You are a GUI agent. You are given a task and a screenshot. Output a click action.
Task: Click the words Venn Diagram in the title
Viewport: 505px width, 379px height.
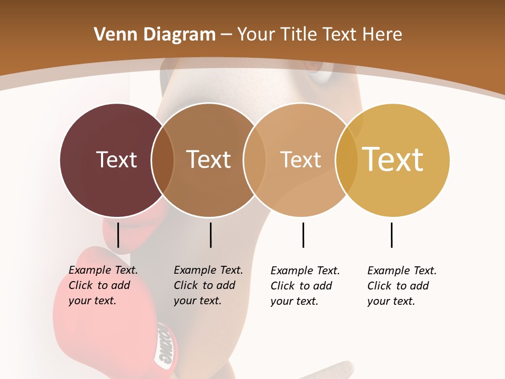click(155, 35)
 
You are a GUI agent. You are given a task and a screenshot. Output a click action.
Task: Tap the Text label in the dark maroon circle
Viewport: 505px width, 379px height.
click(116, 159)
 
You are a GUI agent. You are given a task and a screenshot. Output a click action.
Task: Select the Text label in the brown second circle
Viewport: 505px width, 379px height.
click(209, 159)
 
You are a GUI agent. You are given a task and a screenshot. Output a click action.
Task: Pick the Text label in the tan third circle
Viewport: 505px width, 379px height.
click(300, 159)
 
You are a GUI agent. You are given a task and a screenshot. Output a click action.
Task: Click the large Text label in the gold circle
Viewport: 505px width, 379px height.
click(393, 159)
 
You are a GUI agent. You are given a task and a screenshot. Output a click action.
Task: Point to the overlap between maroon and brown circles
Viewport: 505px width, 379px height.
click(163, 160)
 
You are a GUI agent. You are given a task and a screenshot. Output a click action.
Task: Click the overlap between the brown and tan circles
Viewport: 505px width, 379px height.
click(254, 160)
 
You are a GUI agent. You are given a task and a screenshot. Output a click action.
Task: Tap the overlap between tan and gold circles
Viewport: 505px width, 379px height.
click(346, 160)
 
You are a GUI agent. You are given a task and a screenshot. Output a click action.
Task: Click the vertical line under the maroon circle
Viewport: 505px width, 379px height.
click(118, 235)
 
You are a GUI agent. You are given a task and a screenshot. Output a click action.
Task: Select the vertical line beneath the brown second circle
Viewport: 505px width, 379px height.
click(210, 235)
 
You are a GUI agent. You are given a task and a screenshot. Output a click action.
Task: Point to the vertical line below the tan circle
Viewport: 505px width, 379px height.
click(303, 235)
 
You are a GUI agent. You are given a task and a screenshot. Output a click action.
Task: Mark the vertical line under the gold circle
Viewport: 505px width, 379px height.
click(391, 235)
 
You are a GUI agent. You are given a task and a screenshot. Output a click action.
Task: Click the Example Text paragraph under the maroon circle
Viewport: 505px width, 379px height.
click(103, 285)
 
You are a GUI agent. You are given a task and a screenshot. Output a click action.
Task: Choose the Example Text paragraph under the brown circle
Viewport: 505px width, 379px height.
click(208, 285)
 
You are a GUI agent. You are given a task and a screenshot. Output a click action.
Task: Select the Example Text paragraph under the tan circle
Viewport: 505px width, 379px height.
click(305, 286)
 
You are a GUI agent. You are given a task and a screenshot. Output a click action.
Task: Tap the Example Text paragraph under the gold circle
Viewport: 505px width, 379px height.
click(402, 286)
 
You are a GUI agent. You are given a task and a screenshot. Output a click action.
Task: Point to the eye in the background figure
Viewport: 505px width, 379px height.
click(318, 74)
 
